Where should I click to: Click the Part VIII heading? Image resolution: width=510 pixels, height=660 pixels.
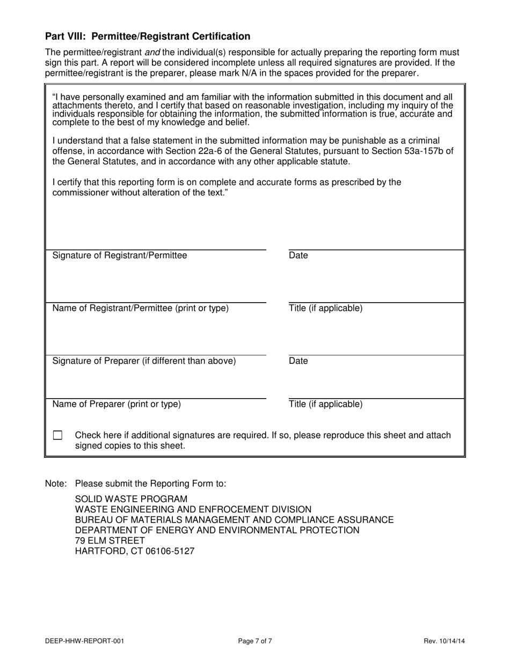tap(148, 36)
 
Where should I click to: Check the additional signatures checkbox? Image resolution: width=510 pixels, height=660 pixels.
tap(57, 435)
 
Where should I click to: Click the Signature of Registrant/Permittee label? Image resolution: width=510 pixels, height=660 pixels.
tap(120, 255)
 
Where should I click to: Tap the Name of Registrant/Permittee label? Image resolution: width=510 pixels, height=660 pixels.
tap(140, 309)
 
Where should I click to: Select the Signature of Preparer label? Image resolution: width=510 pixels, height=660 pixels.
tap(144, 361)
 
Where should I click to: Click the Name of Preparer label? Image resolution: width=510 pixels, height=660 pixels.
tap(116, 405)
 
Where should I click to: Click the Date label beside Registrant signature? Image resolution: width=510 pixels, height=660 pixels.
tap(298, 255)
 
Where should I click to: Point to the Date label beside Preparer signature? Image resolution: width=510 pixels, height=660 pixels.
tap(298, 361)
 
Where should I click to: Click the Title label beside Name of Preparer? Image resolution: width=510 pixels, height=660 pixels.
tap(325, 405)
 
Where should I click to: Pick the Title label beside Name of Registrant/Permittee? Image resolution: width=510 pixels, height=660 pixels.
tap(325, 309)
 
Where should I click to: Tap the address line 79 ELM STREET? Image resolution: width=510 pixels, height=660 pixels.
tap(110, 540)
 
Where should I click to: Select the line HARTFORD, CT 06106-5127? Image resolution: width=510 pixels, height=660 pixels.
tap(134, 551)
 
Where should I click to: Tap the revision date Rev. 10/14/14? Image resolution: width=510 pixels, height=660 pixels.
tap(444, 641)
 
